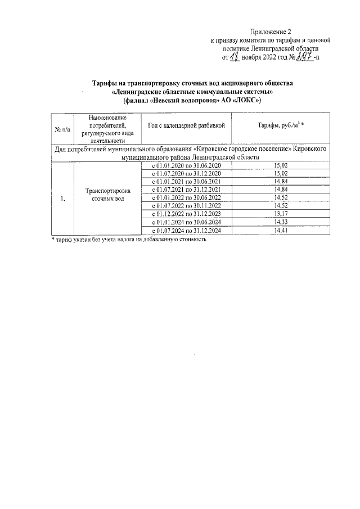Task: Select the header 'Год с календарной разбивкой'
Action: [187, 125]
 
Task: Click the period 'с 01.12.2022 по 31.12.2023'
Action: [187, 214]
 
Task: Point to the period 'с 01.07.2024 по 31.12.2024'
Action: [187, 231]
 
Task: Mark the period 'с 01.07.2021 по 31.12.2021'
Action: [187, 190]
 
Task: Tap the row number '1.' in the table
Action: [62, 198]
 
